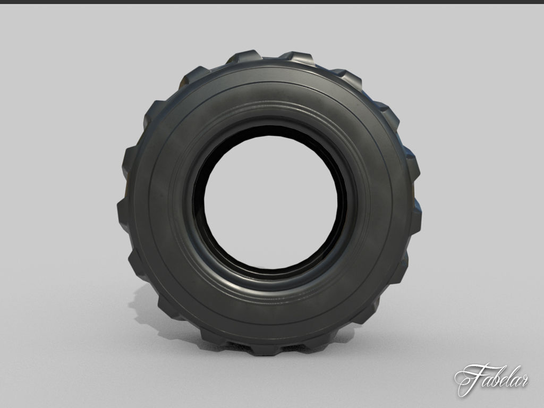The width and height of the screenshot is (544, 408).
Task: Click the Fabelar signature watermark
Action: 491,378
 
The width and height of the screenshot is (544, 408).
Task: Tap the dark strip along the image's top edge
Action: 272,2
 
